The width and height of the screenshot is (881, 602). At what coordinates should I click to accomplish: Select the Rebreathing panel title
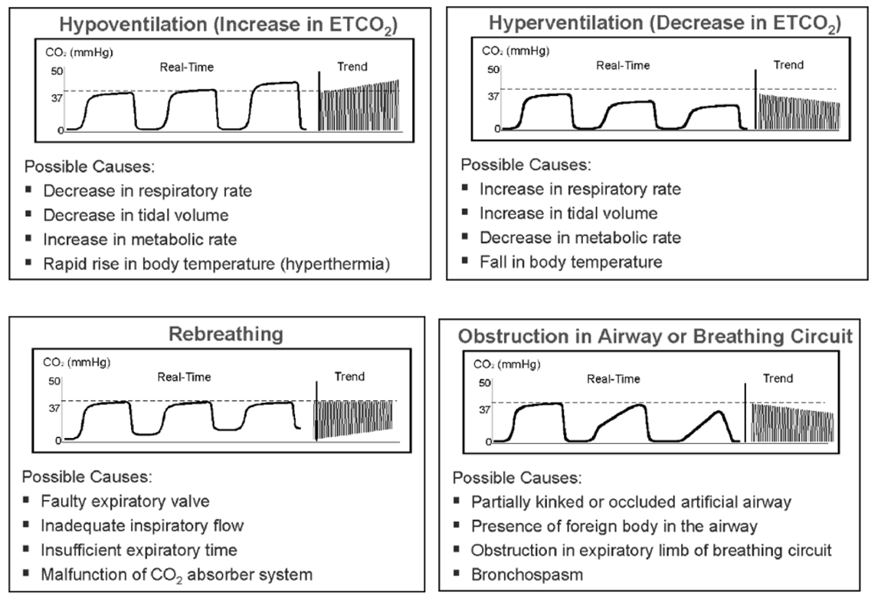pos(225,334)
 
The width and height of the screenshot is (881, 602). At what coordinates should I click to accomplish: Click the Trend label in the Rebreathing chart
pos(349,377)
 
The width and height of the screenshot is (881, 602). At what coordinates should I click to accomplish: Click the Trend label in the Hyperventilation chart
pos(788,64)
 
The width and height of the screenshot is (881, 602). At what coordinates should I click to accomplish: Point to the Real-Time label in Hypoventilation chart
pos(186,67)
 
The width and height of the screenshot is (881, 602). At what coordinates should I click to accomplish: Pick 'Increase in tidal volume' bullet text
pos(568,213)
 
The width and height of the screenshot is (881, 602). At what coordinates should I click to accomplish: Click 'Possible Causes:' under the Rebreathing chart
pos(87,476)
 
